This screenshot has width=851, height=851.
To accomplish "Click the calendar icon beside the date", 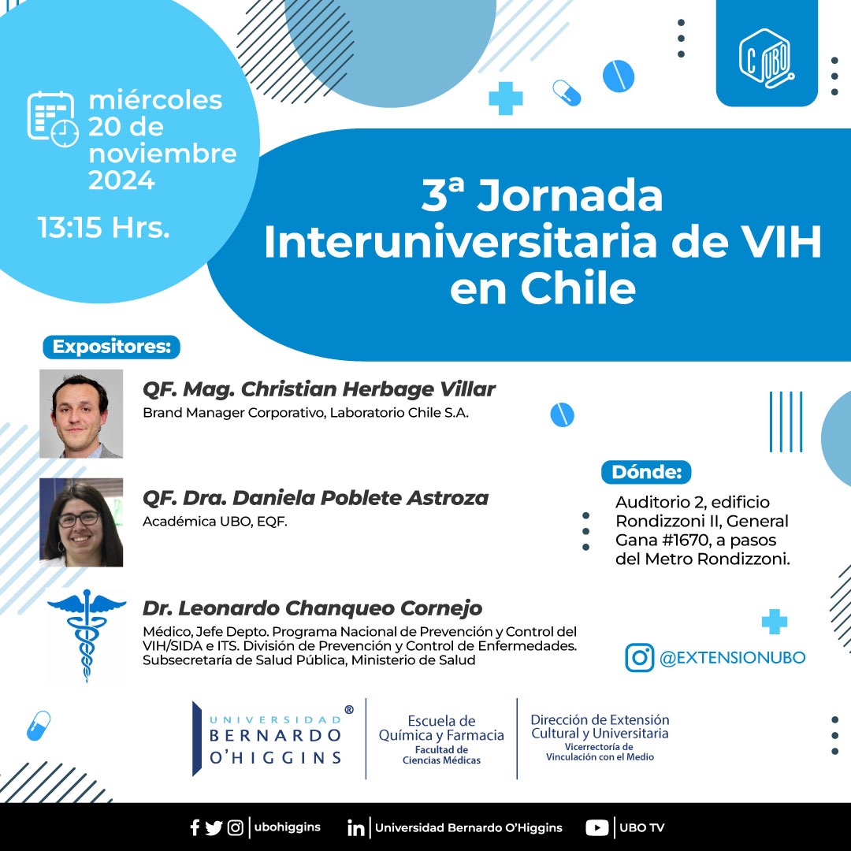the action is point(53,119).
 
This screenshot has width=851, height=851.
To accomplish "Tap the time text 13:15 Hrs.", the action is point(104,227).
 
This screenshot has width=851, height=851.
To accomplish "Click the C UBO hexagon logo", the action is point(767,58).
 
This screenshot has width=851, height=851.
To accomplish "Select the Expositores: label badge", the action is point(111,347).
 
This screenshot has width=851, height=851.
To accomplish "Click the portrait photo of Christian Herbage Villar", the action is point(81,414).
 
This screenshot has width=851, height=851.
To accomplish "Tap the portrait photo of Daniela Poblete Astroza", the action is point(81,522).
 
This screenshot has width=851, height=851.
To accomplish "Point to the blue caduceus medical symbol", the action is point(87,635).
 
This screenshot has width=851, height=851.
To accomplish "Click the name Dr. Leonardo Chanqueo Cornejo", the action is point(312,608).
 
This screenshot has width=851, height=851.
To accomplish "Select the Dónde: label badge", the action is point(646,472).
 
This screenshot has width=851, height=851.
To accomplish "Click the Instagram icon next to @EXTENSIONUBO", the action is point(639,658).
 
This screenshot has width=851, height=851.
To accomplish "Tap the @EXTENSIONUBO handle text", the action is point(733,658).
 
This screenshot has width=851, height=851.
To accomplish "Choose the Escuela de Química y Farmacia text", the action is point(441,728).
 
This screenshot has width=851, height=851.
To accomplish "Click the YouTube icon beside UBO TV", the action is point(597,827).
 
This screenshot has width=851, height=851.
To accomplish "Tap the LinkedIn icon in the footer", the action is point(355,828).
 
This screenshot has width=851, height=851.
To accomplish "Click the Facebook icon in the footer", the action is point(195,827).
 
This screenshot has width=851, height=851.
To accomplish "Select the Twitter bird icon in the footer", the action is point(214,827).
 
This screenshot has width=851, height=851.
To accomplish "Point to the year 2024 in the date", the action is point(121,180).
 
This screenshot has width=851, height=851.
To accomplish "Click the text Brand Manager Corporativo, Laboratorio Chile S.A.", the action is point(306,413).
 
